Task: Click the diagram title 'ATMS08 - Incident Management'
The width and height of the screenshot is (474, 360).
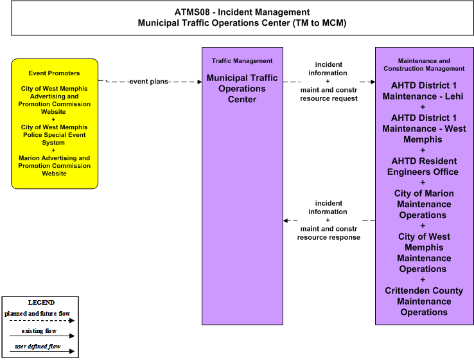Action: tap(242, 12)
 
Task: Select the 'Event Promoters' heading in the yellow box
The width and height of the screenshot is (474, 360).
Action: tap(54, 73)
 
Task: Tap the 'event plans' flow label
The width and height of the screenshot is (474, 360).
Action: tap(149, 82)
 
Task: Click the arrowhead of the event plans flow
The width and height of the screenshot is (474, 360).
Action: tap(200, 82)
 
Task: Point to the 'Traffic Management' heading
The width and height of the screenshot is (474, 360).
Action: tap(242, 61)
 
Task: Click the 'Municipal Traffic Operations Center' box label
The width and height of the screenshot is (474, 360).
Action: tap(242, 89)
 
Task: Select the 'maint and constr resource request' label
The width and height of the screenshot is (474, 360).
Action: tap(329, 94)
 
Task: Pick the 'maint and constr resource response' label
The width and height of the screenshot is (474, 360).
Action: tap(329, 233)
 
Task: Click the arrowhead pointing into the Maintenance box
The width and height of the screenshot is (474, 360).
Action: tap(373, 82)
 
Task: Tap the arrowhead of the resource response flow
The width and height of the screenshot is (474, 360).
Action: tap(286, 221)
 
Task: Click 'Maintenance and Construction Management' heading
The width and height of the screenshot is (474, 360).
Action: tap(424, 65)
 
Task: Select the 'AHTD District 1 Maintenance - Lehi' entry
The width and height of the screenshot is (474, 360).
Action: tap(423, 91)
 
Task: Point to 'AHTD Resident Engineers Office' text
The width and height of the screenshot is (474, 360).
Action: tap(423, 166)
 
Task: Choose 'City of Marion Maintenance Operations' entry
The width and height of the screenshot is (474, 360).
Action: tap(423, 204)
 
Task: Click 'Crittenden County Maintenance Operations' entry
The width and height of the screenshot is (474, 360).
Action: tap(424, 301)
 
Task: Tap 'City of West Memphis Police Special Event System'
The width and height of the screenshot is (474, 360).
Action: tap(54, 135)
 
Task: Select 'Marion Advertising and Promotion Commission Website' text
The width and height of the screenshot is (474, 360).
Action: tap(54, 166)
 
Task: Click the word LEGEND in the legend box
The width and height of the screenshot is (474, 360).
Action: tap(41, 303)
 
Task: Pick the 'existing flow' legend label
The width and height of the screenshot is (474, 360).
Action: tap(39, 331)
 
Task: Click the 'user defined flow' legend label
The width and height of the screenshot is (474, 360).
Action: tap(38, 346)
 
